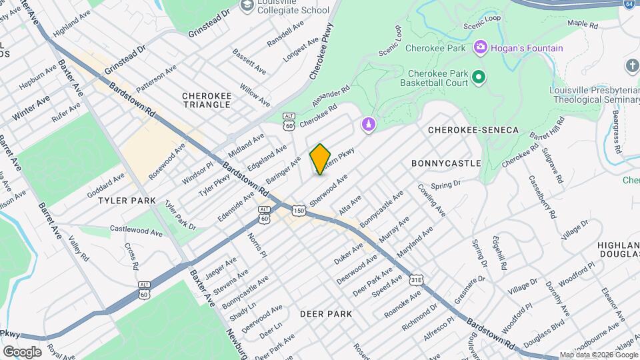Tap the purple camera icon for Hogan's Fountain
[x=479, y=47]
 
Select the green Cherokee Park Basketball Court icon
[x=478, y=78]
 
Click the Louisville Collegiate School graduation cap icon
[x=247, y=6]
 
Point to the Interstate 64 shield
[x=629, y=4]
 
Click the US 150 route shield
[x=298, y=211]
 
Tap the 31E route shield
[x=417, y=279]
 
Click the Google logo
[x=22, y=351]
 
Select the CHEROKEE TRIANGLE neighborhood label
[x=207, y=101]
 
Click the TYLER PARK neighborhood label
[x=127, y=200]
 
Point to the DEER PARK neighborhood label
[x=325, y=313]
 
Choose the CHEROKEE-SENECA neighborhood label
[x=473, y=129]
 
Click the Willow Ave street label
[x=255, y=95]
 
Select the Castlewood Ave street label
[x=137, y=231]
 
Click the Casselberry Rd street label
[x=541, y=197]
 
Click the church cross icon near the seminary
[x=631, y=65]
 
